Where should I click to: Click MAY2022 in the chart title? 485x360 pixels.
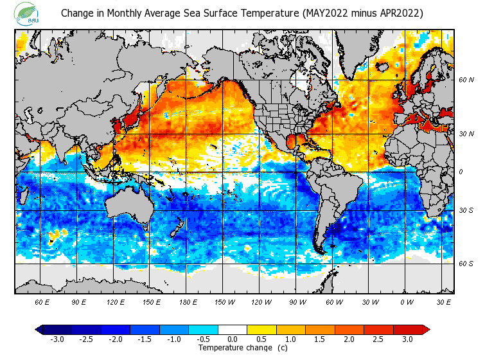click(x=324, y=13)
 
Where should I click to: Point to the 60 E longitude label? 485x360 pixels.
click(x=42, y=301)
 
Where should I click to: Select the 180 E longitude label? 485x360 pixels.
click(x=188, y=301)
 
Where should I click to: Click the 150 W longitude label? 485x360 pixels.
click(x=224, y=301)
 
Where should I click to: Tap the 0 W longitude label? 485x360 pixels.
click(x=407, y=301)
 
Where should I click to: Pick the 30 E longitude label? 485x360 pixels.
click(x=443, y=301)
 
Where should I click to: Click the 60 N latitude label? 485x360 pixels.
click(x=466, y=80)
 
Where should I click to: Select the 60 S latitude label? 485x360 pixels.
click(x=466, y=264)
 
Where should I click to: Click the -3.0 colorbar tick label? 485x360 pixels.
click(x=57, y=339)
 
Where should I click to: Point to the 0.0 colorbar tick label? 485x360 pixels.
click(x=233, y=339)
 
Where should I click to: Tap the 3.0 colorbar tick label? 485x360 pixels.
click(x=407, y=339)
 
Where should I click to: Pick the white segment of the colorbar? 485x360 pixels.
click(x=233, y=330)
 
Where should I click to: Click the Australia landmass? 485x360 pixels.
click(x=131, y=206)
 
